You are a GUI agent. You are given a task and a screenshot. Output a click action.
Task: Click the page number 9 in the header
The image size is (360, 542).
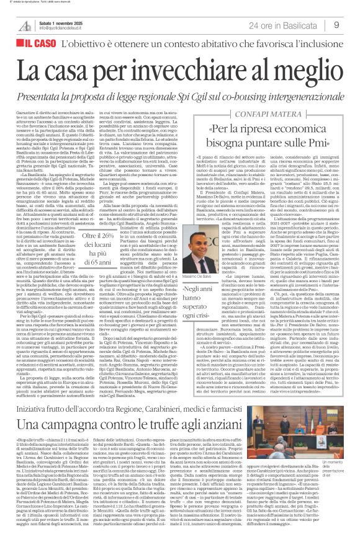click(x=336, y=25)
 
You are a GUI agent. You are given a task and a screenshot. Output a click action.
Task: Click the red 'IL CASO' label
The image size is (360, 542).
click(x=38, y=45)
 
